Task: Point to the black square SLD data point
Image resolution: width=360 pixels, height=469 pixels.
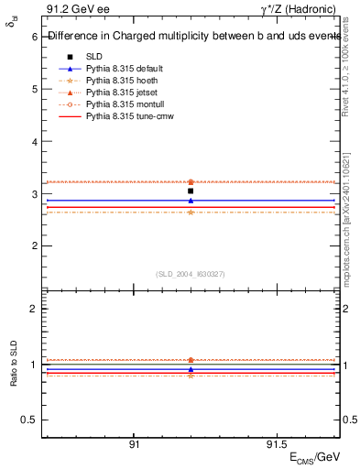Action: coord(191,191)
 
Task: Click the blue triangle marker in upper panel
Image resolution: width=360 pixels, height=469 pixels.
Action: coord(191,201)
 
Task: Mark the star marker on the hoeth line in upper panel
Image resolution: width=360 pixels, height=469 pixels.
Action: coord(191,213)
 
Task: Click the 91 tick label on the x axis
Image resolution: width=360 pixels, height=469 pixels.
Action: coord(134,444)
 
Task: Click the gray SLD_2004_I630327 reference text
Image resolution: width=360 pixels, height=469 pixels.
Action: coord(190,274)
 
